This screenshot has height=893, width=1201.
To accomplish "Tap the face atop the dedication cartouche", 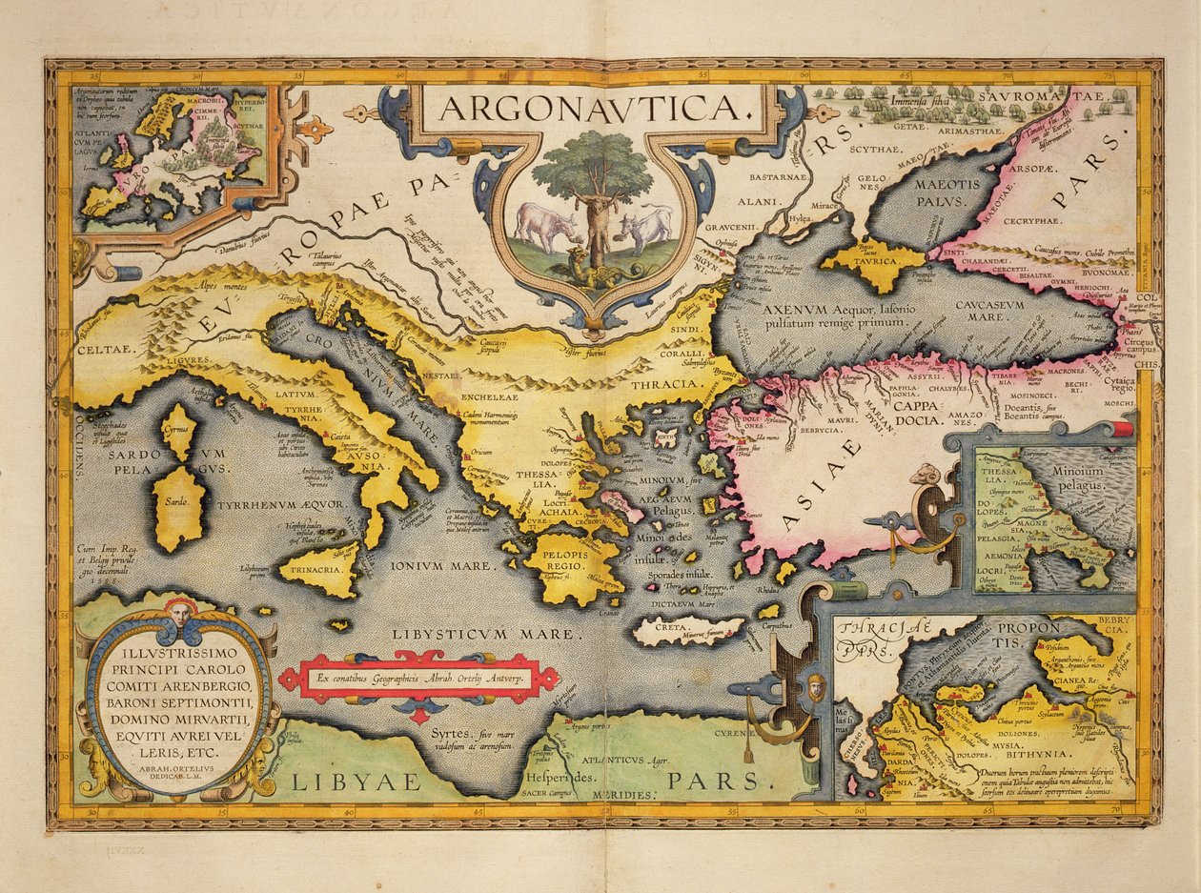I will point(178,610).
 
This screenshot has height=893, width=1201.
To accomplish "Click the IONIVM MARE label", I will point(439,565).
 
